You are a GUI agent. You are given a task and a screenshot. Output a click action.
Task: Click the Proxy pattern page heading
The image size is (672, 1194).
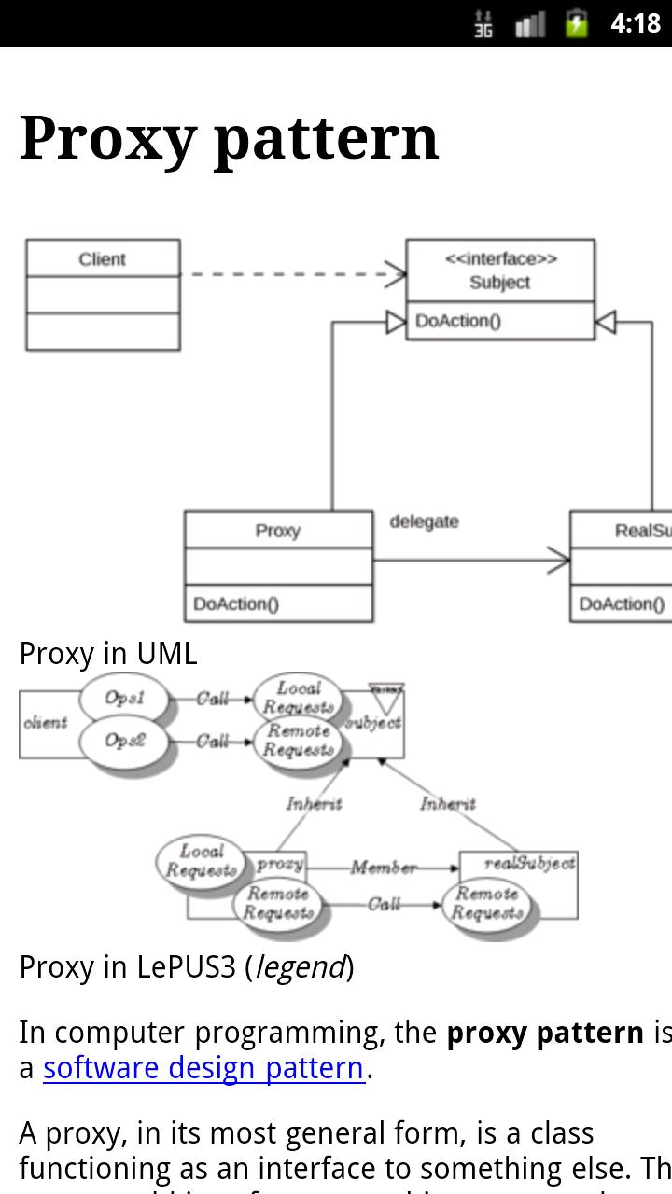click(x=229, y=138)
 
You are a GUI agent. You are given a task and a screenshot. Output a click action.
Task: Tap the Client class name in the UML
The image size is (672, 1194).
click(x=102, y=259)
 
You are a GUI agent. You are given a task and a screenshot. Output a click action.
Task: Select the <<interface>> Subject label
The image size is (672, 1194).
click(x=500, y=271)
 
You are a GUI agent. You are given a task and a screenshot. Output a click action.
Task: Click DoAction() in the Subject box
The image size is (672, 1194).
click(x=458, y=321)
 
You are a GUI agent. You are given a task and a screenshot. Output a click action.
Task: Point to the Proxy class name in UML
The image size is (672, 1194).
click(x=277, y=531)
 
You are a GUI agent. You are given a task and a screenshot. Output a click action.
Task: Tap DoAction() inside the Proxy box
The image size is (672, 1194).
click(x=236, y=604)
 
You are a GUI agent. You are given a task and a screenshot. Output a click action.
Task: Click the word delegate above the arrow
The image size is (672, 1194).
click(x=424, y=521)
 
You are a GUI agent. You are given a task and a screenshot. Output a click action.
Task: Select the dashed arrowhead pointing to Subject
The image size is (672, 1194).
click(x=397, y=274)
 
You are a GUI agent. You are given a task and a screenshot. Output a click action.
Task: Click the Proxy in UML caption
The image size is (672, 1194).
click(x=108, y=653)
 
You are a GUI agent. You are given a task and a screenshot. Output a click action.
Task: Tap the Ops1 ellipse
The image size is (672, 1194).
click(x=124, y=698)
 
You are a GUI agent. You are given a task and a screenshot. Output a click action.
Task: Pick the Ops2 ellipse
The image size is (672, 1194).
click(x=124, y=741)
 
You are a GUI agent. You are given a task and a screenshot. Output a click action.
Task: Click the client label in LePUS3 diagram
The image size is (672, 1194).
click(x=45, y=722)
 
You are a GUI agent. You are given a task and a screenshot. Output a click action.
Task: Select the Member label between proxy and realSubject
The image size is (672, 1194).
click(x=383, y=868)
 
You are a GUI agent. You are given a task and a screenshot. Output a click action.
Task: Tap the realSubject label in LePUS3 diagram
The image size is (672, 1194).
click(x=529, y=863)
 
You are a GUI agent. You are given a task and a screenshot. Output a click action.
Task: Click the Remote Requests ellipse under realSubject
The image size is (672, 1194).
click(x=486, y=904)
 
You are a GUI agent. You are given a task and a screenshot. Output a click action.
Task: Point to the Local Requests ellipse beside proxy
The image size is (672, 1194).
click(x=201, y=861)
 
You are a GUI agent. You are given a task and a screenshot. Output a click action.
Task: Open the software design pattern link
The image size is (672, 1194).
click(x=203, y=1067)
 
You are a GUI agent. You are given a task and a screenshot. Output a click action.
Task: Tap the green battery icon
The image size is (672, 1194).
click(x=577, y=23)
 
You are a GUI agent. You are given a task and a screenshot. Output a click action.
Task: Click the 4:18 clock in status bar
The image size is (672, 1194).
click(x=635, y=23)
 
